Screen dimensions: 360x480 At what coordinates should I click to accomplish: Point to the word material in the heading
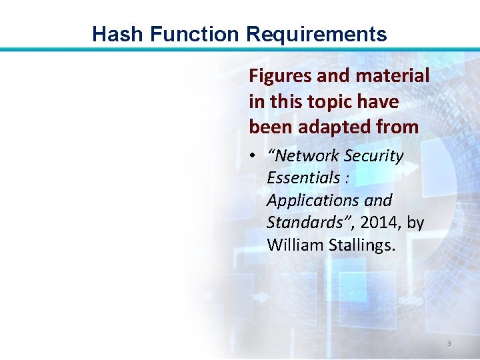(393, 77)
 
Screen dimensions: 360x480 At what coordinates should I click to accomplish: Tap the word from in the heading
(399, 126)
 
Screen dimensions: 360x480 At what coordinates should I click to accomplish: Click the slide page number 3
(449, 343)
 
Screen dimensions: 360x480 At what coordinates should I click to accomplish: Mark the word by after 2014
(415, 223)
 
